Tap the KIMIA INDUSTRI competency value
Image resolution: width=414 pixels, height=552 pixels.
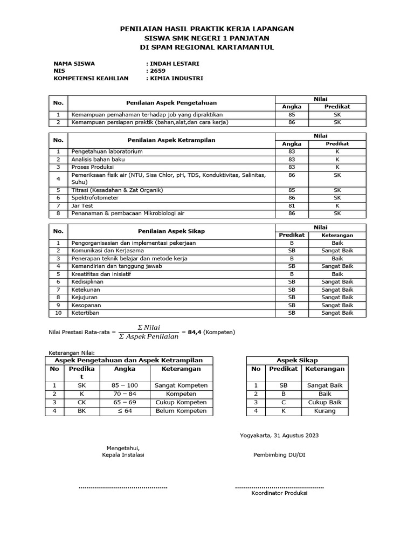(x=176, y=78)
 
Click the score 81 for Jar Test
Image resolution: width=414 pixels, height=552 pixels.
(x=292, y=206)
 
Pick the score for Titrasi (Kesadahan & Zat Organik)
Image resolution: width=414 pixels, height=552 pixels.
(x=292, y=190)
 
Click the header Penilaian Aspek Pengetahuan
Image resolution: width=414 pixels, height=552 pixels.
(x=171, y=102)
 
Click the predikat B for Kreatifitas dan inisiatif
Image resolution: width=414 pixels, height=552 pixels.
(x=292, y=274)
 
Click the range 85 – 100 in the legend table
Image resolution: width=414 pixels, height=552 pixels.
(x=125, y=386)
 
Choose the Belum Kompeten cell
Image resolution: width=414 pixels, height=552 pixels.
(x=181, y=411)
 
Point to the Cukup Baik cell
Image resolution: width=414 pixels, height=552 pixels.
(x=325, y=403)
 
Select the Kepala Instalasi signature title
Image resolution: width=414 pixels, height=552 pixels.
(x=123, y=454)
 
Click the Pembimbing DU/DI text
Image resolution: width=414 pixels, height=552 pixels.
(x=279, y=454)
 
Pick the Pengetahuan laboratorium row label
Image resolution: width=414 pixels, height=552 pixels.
(x=107, y=151)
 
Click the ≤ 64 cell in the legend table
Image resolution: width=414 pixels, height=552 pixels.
(x=125, y=411)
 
